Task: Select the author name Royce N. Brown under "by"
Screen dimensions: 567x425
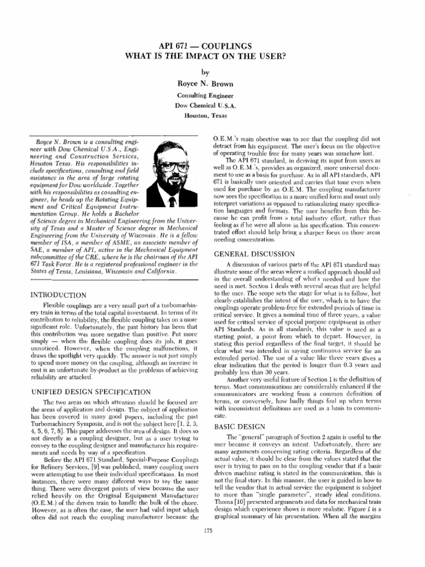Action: [x=212, y=84]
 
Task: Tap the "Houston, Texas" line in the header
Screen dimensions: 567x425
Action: [x=212, y=117]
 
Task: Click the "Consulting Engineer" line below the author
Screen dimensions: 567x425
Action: [x=212, y=95]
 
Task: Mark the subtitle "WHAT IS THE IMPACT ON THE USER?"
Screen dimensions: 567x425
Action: [x=212, y=56]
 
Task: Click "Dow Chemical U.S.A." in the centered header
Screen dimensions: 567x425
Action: [x=212, y=106]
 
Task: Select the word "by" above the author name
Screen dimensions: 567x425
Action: [x=212, y=72]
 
